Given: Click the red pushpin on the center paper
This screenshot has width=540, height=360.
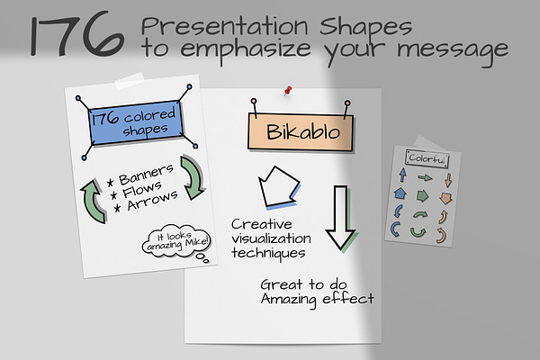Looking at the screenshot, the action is point(288,91).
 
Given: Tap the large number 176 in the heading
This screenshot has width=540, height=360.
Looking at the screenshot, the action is point(76,34).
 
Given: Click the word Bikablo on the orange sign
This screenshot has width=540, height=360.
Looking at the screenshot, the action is point(303,132).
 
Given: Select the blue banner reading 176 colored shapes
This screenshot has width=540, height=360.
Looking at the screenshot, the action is point(136,122).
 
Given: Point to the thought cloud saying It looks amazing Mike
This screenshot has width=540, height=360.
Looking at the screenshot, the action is point(175,241).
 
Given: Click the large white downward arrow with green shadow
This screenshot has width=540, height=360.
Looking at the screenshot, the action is point(340,217).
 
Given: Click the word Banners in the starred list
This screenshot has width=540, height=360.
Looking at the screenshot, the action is point(146,175).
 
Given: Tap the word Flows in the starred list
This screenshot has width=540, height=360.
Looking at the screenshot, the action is point(142,190).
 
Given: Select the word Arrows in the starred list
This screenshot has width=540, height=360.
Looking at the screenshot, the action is point(152,200).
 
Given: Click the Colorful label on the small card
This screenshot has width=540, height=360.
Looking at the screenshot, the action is point(427,158).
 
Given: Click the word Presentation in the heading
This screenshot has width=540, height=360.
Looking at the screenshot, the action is point(224,26).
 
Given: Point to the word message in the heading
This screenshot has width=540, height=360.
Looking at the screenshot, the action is point(453,50).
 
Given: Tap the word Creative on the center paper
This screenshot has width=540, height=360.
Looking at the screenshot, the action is point(262,224).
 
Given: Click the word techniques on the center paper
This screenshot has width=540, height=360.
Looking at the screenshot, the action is point(268,253).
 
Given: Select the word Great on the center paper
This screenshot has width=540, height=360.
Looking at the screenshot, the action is point(282,285).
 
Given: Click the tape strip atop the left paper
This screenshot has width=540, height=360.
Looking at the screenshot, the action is point(130,81).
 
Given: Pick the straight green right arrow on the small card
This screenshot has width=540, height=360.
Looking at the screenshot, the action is point(425,178).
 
